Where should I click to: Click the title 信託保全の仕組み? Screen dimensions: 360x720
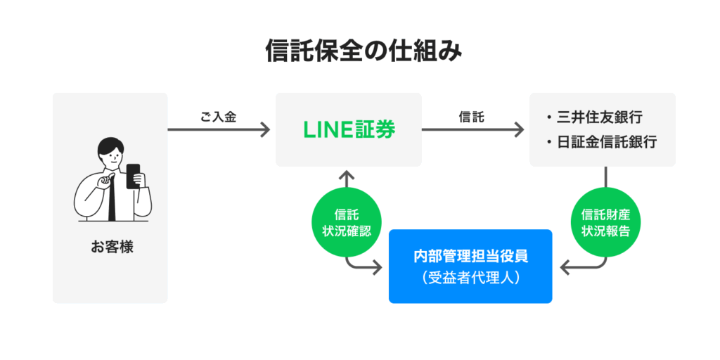(360, 51)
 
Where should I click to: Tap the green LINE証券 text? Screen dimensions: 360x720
(349, 129)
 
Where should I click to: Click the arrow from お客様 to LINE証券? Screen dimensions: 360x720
(218, 129)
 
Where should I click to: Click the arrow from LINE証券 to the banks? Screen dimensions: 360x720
(472, 129)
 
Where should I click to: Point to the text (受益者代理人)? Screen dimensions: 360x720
(470, 278)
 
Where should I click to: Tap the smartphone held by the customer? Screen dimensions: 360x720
(133, 175)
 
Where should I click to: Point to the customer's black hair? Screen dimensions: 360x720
(110, 144)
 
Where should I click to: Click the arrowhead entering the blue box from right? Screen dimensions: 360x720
(565, 267)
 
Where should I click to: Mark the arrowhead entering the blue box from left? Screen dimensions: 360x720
(377, 267)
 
